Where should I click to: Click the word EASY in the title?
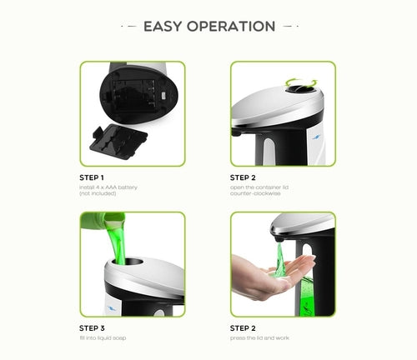(x=164, y=26)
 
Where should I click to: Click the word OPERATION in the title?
(x=232, y=26)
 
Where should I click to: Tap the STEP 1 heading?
(x=92, y=177)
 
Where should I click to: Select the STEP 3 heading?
(x=92, y=327)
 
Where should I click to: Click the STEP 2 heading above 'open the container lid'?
(x=243, y=177)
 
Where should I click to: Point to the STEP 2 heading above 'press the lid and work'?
(x=243, y=327)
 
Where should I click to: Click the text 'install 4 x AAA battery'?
(x=108, y=187)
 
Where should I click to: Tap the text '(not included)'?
(x=98, y=194)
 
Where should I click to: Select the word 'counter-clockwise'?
(x=252, y=194)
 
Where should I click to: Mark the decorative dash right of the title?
(x=288, y=26)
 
